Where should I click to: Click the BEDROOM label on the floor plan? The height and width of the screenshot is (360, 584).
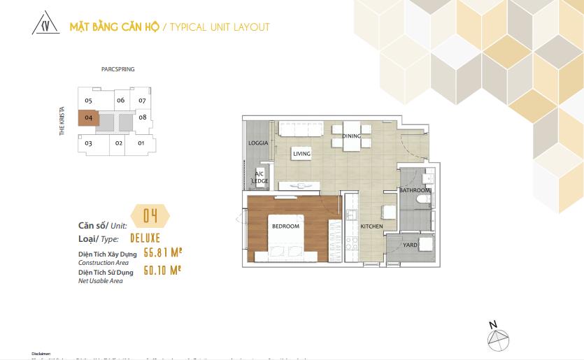tap(285, 226)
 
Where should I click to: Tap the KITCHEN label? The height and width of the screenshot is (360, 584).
tap(371, 227)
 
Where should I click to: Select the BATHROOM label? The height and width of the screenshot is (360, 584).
tap(415, 190)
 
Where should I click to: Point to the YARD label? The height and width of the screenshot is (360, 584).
tap(411, 245)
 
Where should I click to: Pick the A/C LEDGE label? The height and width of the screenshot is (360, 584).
tap(259, 178)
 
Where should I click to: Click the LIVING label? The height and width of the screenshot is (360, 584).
tap(301, 154)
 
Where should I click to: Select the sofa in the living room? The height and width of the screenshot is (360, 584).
tap(300, 129)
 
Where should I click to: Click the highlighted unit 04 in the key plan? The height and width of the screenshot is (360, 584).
tap(88, 118)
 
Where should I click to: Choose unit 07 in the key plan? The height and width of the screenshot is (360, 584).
tap(142, 101)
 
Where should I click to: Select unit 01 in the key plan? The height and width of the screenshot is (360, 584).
tap(141, 143)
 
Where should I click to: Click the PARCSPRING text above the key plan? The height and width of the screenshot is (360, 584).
tap(117, 70)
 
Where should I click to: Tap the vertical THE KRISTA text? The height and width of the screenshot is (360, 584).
tap(62, 122)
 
